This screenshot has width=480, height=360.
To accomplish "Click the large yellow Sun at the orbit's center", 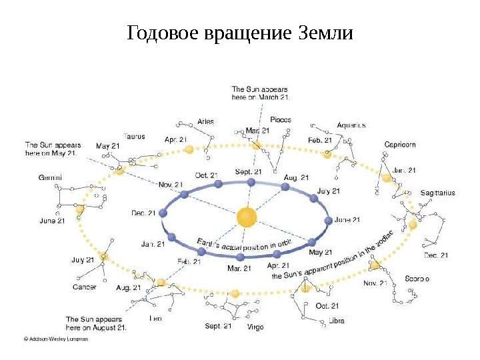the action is pos(247,217).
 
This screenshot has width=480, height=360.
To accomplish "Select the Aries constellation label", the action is pos(206,121).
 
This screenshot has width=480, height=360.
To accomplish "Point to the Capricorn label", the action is pos(400,144).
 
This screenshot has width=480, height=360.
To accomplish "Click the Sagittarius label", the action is pos(437,193).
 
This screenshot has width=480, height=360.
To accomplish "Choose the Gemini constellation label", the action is pos(51,177).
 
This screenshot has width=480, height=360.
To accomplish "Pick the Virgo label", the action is pos(255,327).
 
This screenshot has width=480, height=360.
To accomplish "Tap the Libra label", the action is pos(337,320).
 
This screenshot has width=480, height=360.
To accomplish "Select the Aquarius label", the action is pos(351,125).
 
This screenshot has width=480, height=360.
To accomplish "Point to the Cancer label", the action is pos(85,287).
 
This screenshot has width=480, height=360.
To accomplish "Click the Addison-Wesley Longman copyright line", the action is pos(56,338).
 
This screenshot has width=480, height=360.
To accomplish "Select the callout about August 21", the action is pos(95,323).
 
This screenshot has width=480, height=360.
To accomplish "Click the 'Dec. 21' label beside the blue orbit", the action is pos(143,213).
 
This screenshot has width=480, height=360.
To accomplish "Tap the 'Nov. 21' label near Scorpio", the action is pos(375,283).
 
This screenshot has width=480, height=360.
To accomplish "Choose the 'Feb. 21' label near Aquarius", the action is pos(320,141).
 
